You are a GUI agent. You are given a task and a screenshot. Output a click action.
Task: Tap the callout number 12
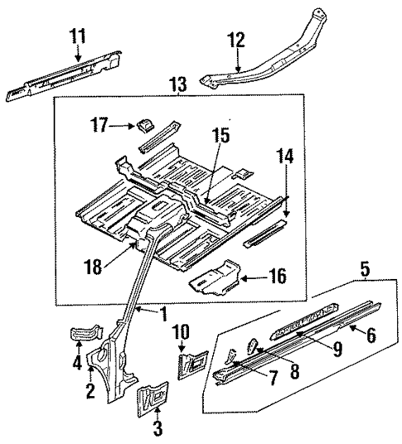click(237, 39)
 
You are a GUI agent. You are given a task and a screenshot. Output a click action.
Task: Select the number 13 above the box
click(177, 84)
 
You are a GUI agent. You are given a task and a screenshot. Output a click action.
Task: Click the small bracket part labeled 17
click(143, 125)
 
